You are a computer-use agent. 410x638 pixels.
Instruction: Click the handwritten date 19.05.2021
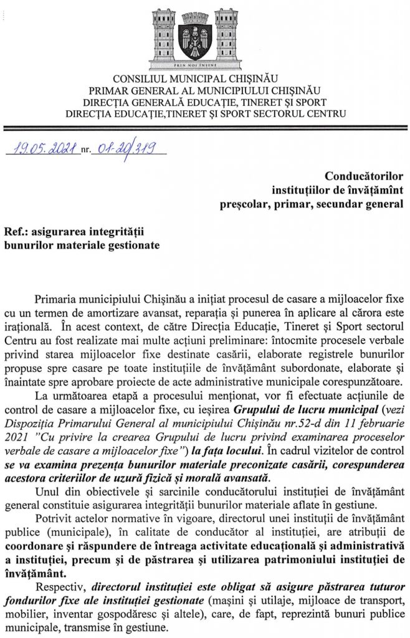(42, 148)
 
